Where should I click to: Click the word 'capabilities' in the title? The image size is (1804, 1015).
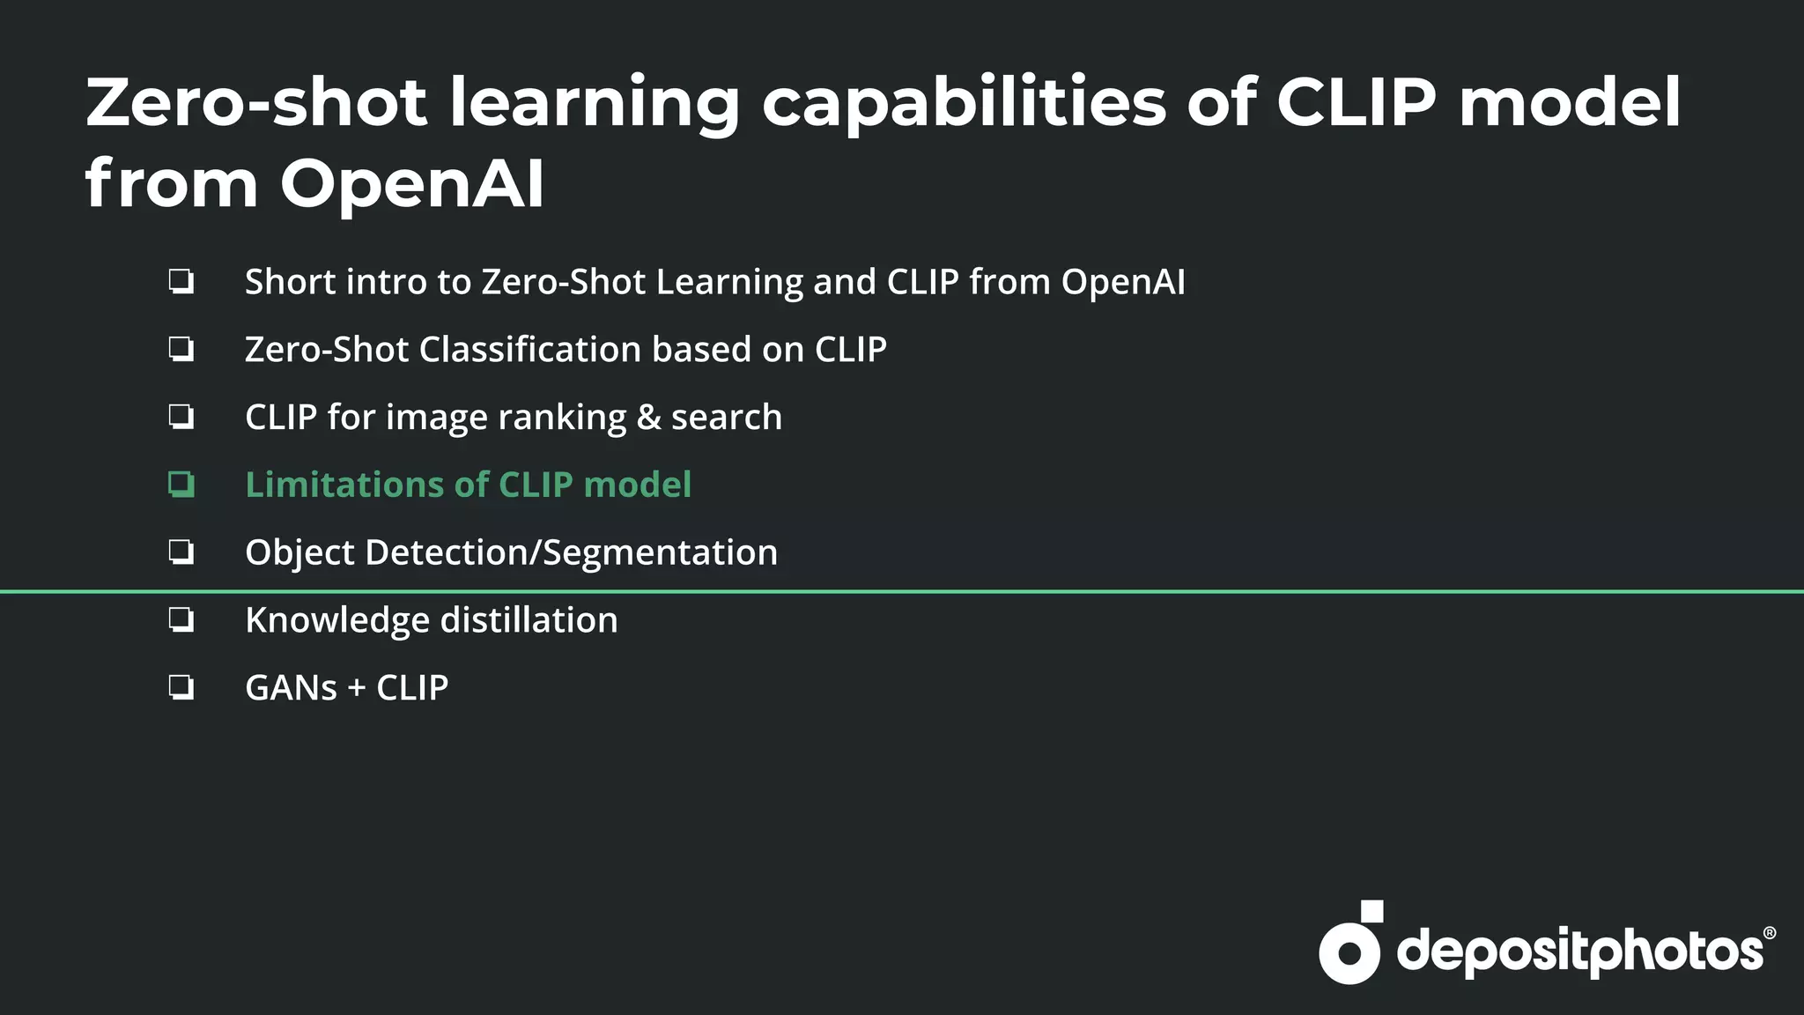(964, 104)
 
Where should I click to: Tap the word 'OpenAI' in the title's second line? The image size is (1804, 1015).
(411, 184)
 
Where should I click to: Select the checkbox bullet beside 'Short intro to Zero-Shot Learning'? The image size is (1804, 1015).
(181, 282)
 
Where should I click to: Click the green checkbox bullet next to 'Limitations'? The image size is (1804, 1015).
(181, 485)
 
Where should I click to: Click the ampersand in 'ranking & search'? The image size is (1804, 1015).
(648, 418)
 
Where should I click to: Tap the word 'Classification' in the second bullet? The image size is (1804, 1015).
(530, 350)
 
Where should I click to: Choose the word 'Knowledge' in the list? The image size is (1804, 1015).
(336, 620)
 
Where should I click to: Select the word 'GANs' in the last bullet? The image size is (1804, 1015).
(291, 688)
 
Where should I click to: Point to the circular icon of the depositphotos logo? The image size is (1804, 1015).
(1349, 952)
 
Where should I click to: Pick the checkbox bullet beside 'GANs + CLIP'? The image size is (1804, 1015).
(181, 687)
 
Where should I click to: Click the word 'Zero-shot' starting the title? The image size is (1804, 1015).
(256, 104)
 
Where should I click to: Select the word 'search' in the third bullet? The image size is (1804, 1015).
(727, 418)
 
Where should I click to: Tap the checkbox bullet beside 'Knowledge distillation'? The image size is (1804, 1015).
(181, 620)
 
